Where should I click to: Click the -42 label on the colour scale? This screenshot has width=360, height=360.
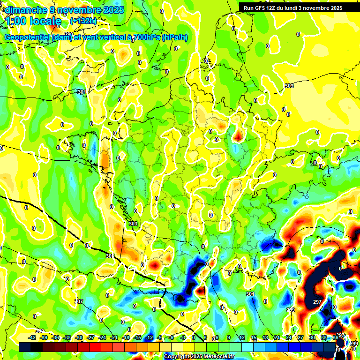[x=32, y=337]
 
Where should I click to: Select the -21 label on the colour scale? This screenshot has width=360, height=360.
[x=114, y=337]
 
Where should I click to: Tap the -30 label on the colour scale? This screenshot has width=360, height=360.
[x=79, y=337]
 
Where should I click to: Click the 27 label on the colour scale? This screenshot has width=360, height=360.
[x=300, y=337]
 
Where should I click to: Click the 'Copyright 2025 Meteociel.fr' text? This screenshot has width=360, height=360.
[x=199, y=357]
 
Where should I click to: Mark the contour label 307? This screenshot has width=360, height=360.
[x=79, y=301]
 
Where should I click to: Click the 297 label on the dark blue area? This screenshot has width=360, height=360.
[x=317, y=302]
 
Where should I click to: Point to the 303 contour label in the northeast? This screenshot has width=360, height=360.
[x=289, y=86]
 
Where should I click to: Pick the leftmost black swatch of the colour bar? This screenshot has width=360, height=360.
[x=25, y=347]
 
